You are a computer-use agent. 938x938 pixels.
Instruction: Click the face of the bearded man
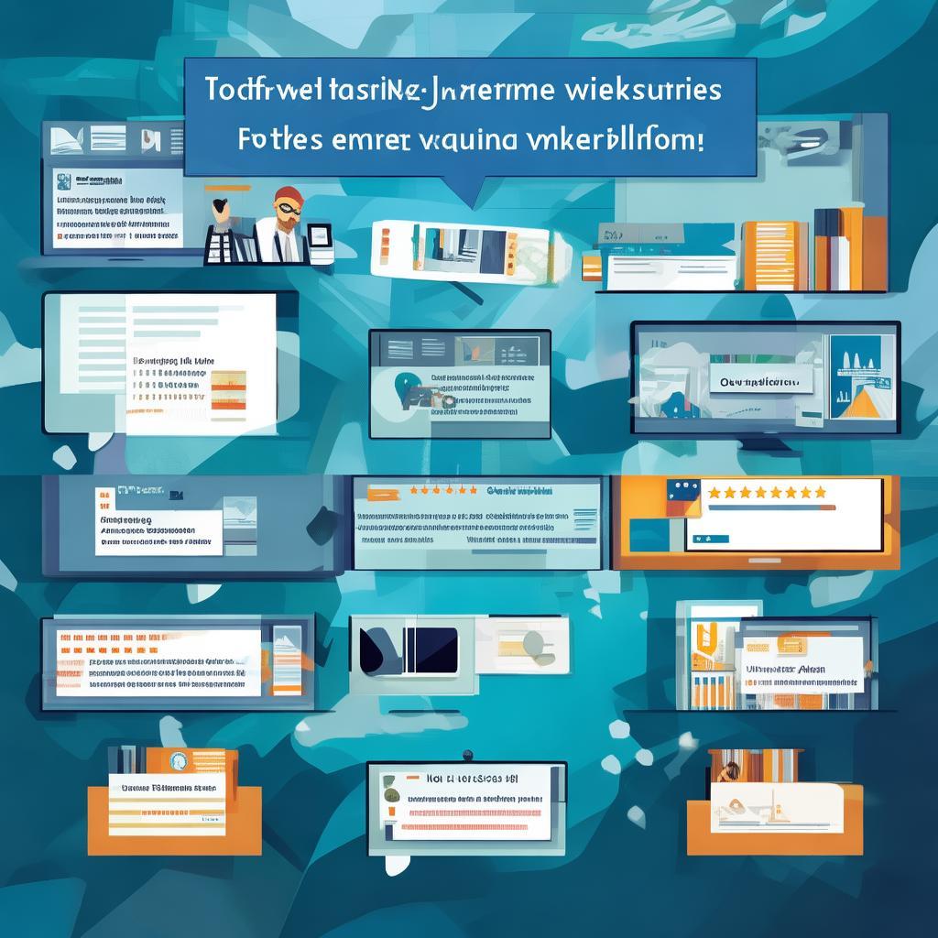tap(289, 207)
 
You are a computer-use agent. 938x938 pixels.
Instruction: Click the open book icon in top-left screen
tap(68, 140)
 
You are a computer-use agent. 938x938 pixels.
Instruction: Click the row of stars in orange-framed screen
tap(768, 492)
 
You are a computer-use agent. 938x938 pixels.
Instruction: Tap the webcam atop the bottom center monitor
tap(466, 755)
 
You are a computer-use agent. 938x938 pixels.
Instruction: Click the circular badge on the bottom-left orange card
tap(177, 762)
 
